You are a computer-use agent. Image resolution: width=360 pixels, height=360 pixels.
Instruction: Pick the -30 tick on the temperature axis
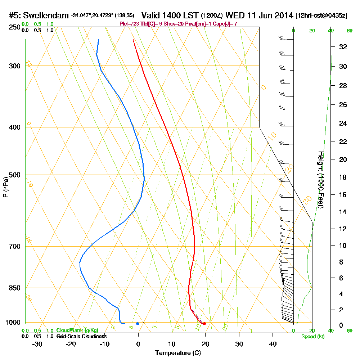coord(37,344)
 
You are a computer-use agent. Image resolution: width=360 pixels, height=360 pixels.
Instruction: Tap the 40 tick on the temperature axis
coord(273,344)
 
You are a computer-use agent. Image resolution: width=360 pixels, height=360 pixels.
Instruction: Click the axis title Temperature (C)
coord(178,353)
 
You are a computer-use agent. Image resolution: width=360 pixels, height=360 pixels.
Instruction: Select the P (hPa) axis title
coord(5,187)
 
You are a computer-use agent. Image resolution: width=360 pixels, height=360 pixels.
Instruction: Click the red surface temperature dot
coord(204,324)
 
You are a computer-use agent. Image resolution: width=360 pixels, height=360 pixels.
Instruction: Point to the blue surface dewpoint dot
coord(138,324)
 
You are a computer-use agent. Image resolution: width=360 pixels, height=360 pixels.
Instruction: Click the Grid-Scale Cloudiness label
coord(81,336)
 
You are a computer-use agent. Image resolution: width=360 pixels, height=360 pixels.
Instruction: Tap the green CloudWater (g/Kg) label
coord(77,330)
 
